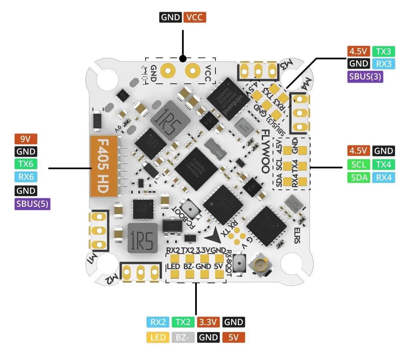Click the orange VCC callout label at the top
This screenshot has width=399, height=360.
tap(195, 17)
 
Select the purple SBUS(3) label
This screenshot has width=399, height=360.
tap(365, 76)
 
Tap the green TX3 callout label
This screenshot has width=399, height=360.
tap(383, 52)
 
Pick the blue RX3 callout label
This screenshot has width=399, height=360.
tap(383, 64)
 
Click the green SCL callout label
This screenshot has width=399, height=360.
tap(359, 165)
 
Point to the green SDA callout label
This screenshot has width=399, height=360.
tap(359, 178)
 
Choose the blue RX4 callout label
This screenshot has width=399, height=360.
tap(383, 178)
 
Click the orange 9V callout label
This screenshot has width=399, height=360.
tap(26, 139)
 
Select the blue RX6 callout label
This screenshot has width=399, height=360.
tap(26, 177)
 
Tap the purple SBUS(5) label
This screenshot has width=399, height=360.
tap(32, 204)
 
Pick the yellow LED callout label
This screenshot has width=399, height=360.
tap(158, 338)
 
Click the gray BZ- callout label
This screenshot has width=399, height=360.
tap(183, 338)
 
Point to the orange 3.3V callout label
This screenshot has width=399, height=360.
tap(208, 322)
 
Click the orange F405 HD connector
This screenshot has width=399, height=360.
tap(103, 166)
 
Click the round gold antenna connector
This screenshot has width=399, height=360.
tap(260, 265)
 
